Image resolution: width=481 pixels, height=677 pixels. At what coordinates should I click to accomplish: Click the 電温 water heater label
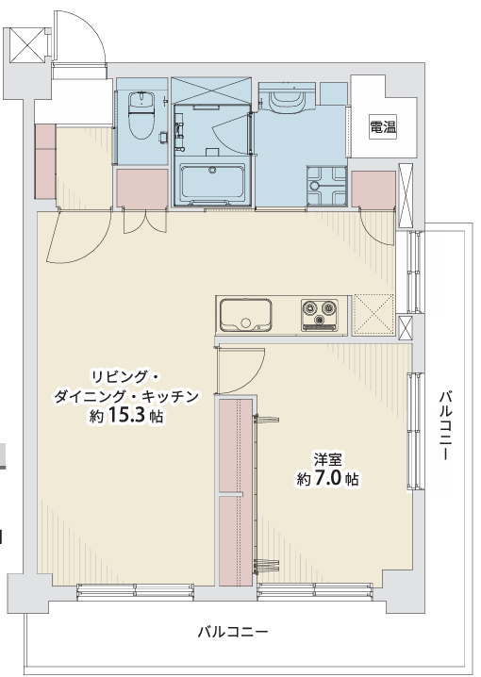[x=383, y=127]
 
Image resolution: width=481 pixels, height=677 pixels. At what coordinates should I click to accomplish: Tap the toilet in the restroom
[x=141, y=115]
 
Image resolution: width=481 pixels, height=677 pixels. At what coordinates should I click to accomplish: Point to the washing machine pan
[x=327, y=185]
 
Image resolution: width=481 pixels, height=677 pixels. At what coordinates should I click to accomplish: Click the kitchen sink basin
[x=245, y=314]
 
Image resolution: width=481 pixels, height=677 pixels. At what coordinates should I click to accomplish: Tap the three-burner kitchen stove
[x=320, y=315]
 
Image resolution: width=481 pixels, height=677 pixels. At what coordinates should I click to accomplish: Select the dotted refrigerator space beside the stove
[x=373, y=315]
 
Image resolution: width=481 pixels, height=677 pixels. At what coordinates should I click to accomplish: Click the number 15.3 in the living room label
[x=125, y=416]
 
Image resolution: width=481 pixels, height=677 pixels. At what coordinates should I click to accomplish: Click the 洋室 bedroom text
[x=327, y=460]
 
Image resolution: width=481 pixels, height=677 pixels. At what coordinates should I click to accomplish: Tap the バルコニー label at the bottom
[x=233, y=632]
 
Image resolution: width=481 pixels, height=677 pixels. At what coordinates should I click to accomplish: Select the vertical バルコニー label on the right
[x=446, y=425]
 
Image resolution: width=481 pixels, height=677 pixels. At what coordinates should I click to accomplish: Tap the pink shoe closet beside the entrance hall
[x=45, y=161]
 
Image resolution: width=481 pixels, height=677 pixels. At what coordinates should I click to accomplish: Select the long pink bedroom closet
[x=236, y=492]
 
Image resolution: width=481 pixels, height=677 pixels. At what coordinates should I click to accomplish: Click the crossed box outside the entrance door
[x=27, y=45]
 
